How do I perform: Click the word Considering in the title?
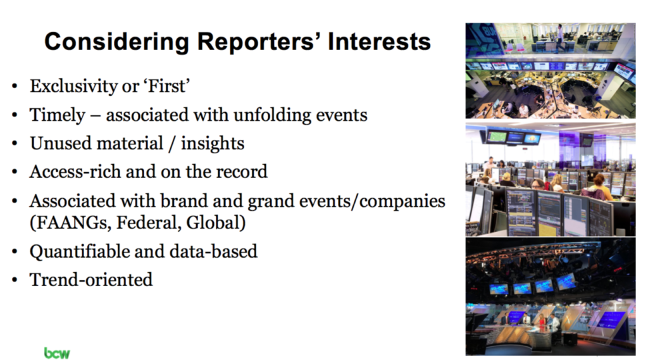point(116,42)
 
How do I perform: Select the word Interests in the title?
point(379,41)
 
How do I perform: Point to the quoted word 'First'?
point(166,86)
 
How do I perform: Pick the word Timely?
point(57,115)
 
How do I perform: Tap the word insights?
point(213,144)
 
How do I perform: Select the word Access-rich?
point(75,172)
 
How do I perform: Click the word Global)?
point(216,223)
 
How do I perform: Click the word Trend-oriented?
point(91,280)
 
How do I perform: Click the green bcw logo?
point(57,353)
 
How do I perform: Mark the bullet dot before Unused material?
point(15,144)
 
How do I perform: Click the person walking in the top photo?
point(561,38)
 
